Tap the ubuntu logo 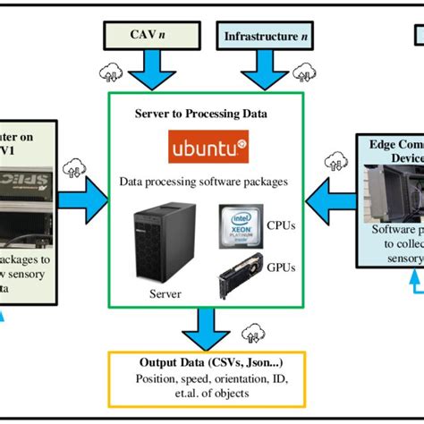coord(207,146)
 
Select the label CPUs coord(281,225)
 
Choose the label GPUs coord(281,266)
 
